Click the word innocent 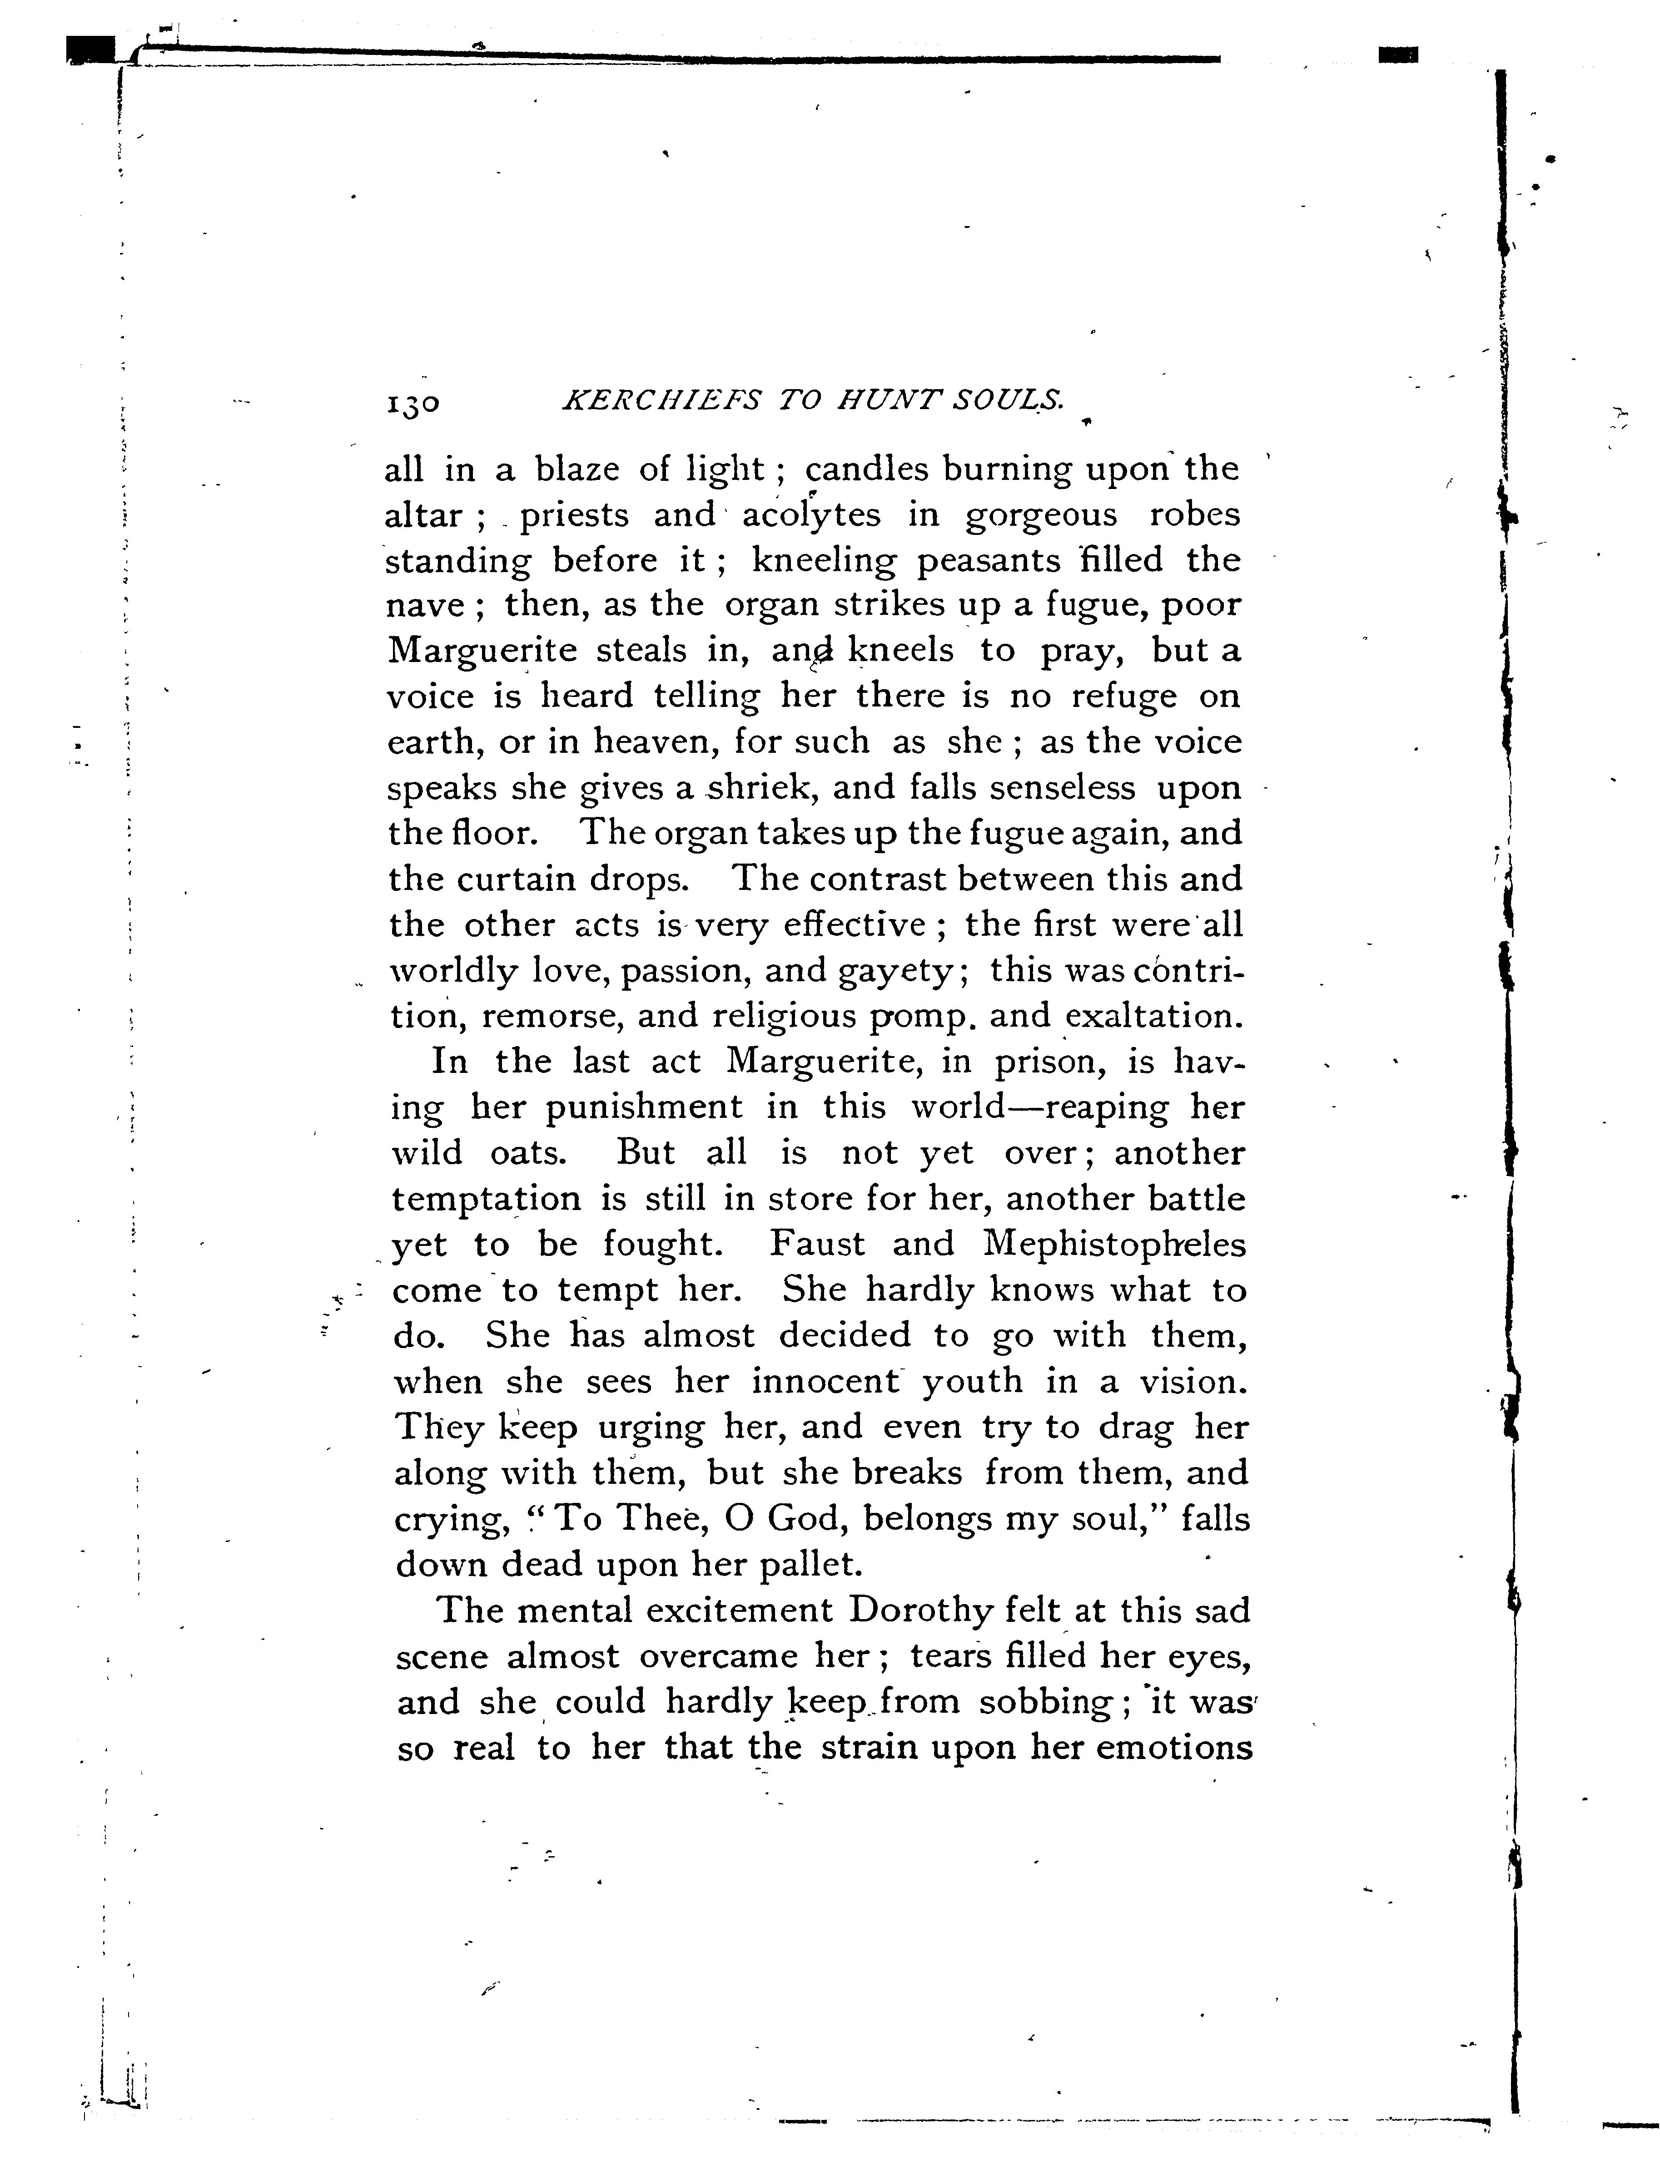pos(828,1381)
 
